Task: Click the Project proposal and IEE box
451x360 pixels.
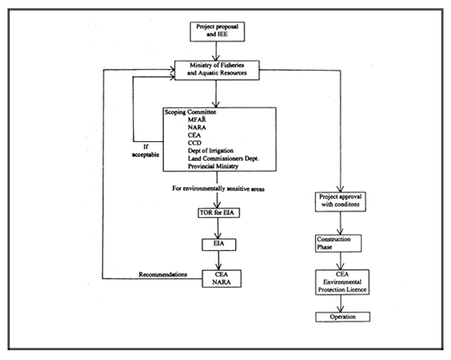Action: (x=217, y=31)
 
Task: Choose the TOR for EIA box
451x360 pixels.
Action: (x=217, y=215)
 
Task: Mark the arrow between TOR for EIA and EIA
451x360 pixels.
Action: (x=217, y=229)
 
